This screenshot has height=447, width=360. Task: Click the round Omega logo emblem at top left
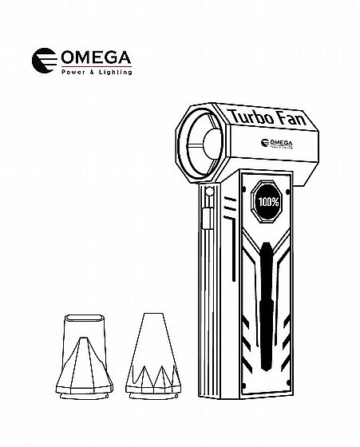(x=45, y=61)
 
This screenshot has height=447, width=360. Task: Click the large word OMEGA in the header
(x=96, y=57)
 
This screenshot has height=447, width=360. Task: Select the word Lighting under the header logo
(x=116, y=72)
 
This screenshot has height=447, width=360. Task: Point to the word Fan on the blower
(x=292, y=119)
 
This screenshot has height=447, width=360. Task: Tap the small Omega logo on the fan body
(x=276, y=143)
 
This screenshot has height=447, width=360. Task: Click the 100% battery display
(x=268, y=202)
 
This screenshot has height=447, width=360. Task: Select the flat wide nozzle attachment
(x=85, y=357)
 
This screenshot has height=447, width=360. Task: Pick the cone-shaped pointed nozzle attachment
(x=153, y=356)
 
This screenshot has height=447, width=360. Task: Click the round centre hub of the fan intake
(x=213, y=144)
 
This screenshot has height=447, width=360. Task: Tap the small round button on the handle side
(x=209, y=191)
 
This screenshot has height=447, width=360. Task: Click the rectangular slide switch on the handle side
(x=208, y=218)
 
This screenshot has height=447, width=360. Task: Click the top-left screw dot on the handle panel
(x=244, y=189)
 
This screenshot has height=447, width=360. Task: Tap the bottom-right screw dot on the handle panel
(x=288, y=382)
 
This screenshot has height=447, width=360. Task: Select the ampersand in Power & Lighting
(x=92, y=73)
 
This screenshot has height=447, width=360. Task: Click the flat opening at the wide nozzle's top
(x=84, y=318)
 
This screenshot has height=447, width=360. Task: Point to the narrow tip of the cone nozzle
(x=153, y=314)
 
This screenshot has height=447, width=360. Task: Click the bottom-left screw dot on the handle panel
(x=244, y=386)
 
